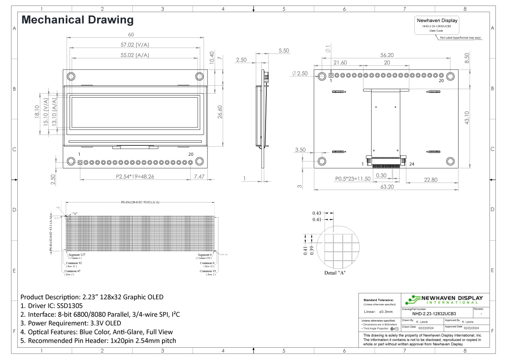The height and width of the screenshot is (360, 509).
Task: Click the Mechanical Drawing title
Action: (77, 20)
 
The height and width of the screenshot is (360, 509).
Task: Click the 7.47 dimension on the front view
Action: (199, 176)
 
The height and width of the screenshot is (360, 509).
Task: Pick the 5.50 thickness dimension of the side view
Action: (284, 51)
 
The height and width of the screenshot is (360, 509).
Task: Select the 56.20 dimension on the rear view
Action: (386, 55)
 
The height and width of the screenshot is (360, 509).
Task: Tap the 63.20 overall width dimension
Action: (386, 186)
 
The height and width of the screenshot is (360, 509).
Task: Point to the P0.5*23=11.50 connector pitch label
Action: (353, 179)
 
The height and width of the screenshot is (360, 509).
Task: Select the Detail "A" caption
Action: (335, 273)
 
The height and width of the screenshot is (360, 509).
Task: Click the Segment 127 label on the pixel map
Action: (77, 255)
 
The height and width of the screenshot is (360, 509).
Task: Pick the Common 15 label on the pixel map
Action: (208, 271)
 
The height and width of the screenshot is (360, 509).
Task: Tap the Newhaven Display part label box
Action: (437, 25)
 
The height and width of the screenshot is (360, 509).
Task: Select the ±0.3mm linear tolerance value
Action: (386, 312)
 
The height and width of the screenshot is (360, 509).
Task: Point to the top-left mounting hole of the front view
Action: (71, 76)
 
